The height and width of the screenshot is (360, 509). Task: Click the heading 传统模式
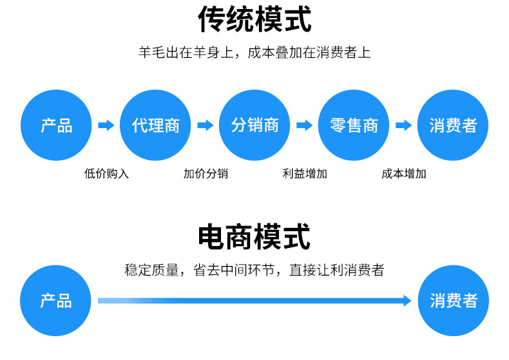coord(254,20)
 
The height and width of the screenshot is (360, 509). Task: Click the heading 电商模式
coord(254,237)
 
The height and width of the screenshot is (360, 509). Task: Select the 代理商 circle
coord(155,125)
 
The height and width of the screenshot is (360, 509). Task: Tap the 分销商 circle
coord(254,125)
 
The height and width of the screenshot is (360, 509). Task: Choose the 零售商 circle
coord(354,125)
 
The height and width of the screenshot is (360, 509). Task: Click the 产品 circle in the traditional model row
coord(56,125)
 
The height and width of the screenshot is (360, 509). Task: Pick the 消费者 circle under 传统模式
coord(453,125)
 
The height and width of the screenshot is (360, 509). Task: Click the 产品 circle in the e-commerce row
coord(56,301)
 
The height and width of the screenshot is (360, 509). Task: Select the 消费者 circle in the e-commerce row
coord(453,301)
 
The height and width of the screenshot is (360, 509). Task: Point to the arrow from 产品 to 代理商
coord(106,126)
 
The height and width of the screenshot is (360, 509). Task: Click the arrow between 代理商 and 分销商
coord(205,126)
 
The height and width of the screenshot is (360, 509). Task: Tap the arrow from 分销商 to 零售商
coord(304,126)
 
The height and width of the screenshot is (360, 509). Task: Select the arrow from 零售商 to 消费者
coord(403,126)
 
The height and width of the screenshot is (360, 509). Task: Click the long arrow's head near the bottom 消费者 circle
coord(406,301)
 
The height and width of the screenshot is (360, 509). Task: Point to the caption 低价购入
coord(106,173)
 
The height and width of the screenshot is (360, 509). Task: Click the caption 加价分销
coord(206,173)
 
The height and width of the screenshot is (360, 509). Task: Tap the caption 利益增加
coord(305,173)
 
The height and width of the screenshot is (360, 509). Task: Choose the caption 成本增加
coord(404,173)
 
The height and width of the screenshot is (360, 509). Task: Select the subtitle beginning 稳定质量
coord(254,270)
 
